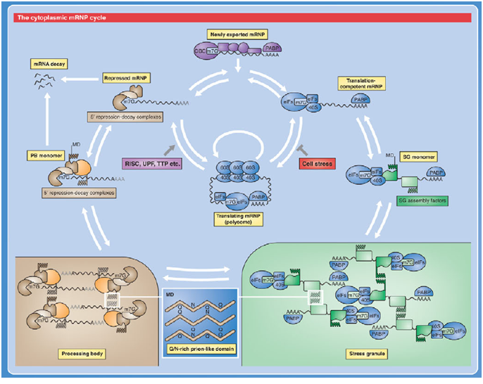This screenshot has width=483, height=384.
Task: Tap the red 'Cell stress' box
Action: (315, 162)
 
